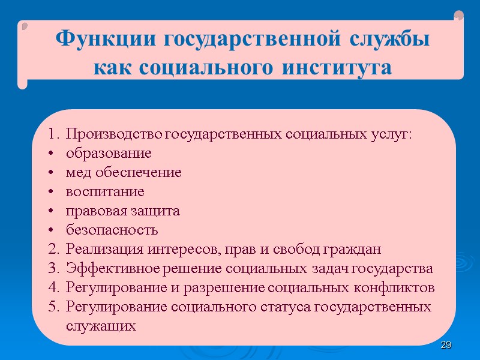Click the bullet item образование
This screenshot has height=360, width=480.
point(109,153)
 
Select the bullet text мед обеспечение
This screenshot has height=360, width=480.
point(124,173)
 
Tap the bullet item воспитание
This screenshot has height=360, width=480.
point(105,192)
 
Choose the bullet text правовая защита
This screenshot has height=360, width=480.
point(123,211)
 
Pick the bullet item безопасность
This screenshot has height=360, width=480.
point(112,230)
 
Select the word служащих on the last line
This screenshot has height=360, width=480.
point(101,326)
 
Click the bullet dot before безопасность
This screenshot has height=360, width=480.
point(53,230)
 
